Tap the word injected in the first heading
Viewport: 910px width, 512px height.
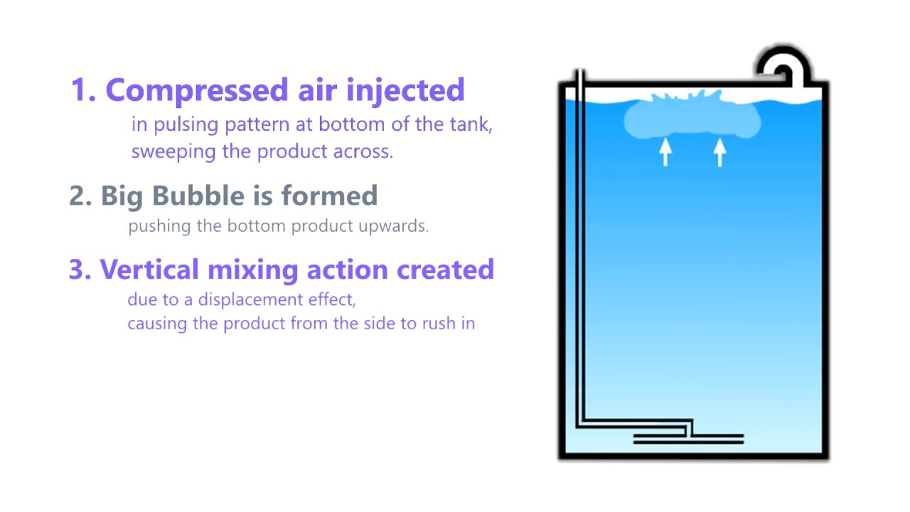point(405,91)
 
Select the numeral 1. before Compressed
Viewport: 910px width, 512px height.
point(84,91)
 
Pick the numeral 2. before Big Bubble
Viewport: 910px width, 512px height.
point(81,196)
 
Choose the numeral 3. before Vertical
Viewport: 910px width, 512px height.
point(80,270)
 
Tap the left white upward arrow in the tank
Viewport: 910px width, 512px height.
point(665,151)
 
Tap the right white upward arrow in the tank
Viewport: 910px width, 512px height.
point(719,151)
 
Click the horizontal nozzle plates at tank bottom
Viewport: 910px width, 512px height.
point(688,439)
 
